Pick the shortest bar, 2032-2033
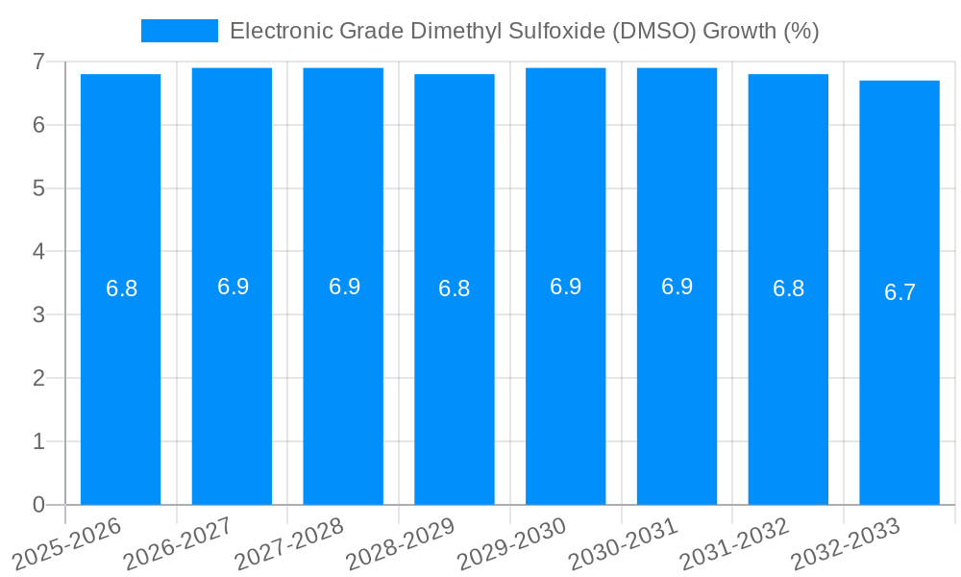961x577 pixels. click(x=899, y=385)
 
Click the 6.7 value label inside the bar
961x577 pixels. click(x=899, y=292)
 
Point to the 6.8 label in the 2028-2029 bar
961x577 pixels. click(x=454, y=288)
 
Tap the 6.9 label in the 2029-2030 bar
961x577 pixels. click(x=565, y=287)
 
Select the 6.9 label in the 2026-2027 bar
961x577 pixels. click(x=233, y=287)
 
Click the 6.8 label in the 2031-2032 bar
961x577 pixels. click(x=788, y=288)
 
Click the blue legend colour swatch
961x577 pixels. click(x=179, y=31)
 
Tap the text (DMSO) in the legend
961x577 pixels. click(x=653, y=31)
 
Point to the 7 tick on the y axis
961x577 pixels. click(x=38, y=62)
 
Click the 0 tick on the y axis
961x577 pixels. click(x=38, y=505)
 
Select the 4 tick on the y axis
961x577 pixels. click(x=38, y=252)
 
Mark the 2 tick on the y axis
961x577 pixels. click(x=38, y=378)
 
